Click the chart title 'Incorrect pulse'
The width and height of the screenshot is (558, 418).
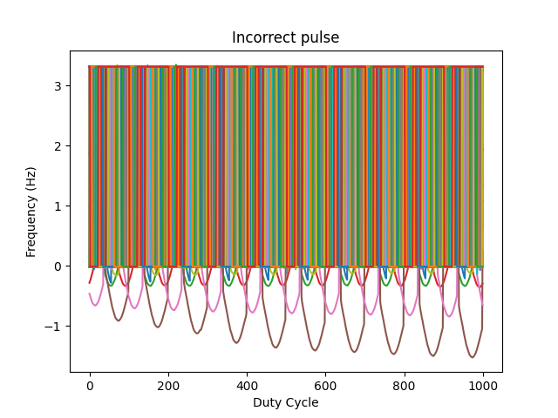coord(285,37)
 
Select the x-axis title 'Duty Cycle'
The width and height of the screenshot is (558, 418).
coord(285,402)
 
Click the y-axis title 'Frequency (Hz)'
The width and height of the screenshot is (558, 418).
coord(31,212)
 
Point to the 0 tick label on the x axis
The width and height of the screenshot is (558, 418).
coord(90,386)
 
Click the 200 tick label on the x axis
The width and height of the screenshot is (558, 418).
coord(168,386)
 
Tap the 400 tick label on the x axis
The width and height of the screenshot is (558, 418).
coord(247,386)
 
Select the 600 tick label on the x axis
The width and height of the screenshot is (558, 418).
coord(325,386)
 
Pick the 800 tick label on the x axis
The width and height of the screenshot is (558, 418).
coord(404,386)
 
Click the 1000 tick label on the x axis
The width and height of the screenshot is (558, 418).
coord(482,386)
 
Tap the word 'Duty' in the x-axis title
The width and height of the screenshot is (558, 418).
coord(268,402)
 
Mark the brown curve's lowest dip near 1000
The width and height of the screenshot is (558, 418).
coord(472,357)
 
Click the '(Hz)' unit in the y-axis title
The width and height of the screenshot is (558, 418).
coord(31,180)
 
